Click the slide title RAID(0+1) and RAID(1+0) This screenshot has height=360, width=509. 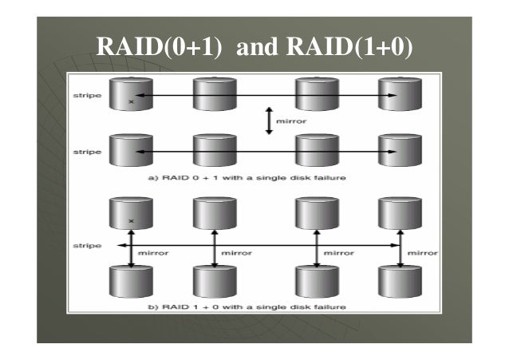pyautogui.click(x=254, y=49)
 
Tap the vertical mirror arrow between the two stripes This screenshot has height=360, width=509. pyautogui.click(x=269, y=121)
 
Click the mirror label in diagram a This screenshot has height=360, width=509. pyautogui.click(x=288, y=122)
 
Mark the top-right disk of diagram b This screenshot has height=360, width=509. pyautogui.click(x=397, y=214)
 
